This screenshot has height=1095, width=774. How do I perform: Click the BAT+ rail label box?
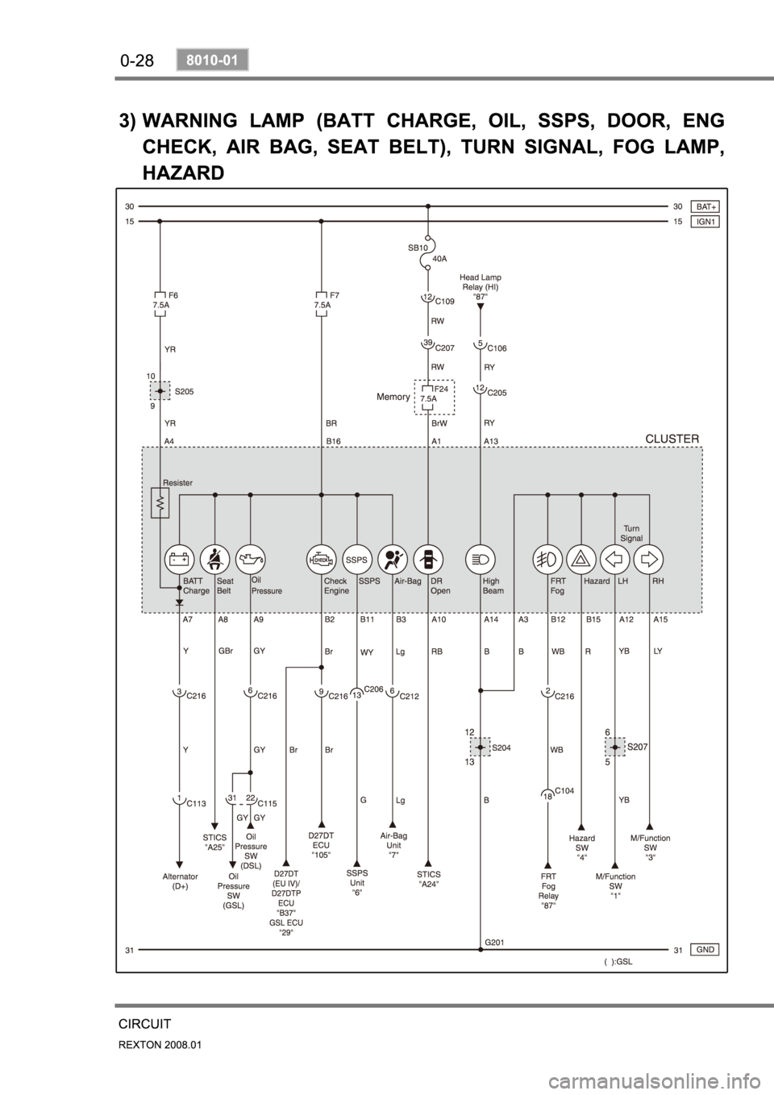click(705, 206)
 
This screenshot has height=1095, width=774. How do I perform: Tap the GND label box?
click(705, 949)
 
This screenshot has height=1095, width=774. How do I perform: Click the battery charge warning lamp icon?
click(179, 558)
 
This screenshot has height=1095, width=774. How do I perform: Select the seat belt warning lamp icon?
click(214, 558)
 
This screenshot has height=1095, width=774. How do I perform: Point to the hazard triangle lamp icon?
click(580, 558)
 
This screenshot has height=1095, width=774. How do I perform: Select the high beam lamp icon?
click(481, 558)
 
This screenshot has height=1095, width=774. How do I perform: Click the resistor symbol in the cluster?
click(160, 503)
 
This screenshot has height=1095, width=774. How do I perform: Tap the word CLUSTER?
click(672, 439)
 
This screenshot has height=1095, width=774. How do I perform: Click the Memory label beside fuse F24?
click(393, 397)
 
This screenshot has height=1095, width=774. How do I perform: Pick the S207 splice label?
click(639, 747)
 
